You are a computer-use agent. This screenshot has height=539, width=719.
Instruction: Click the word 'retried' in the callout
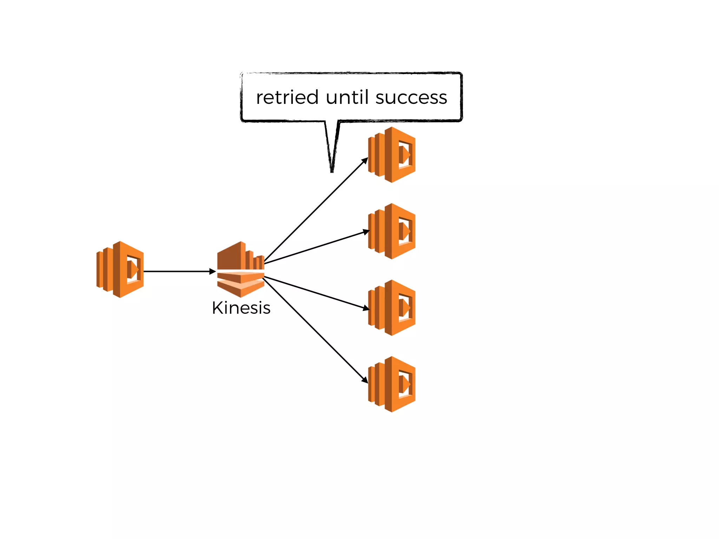pos(287,98)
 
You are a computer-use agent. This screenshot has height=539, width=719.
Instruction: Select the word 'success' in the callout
pos(411,98)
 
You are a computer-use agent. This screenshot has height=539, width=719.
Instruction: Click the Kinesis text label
pos(241,308)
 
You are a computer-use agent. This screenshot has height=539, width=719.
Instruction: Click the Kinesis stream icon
pos(241,269)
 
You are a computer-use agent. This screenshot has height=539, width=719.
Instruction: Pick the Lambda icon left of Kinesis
pos(120,269)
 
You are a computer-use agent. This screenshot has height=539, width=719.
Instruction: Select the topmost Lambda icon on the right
pos(392,155)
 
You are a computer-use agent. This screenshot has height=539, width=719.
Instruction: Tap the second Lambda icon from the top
pos(392,231)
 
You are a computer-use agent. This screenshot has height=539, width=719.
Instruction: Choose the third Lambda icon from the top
pos(392,308)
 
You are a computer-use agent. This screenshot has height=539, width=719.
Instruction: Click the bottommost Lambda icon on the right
pos(392,384)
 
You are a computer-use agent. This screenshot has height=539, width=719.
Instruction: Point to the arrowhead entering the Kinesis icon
pos(212,271)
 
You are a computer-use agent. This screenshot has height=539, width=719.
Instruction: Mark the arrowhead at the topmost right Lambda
pos(365,161)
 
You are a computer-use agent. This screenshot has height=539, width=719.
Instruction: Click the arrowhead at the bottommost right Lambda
pos(365,380)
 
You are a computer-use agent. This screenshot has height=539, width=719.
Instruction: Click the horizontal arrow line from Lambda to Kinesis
pos(176,271)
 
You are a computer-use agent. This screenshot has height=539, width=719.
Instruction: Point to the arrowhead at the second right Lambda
pos(366,232)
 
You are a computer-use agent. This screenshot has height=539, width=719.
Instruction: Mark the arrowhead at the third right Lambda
pos(366,308)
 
